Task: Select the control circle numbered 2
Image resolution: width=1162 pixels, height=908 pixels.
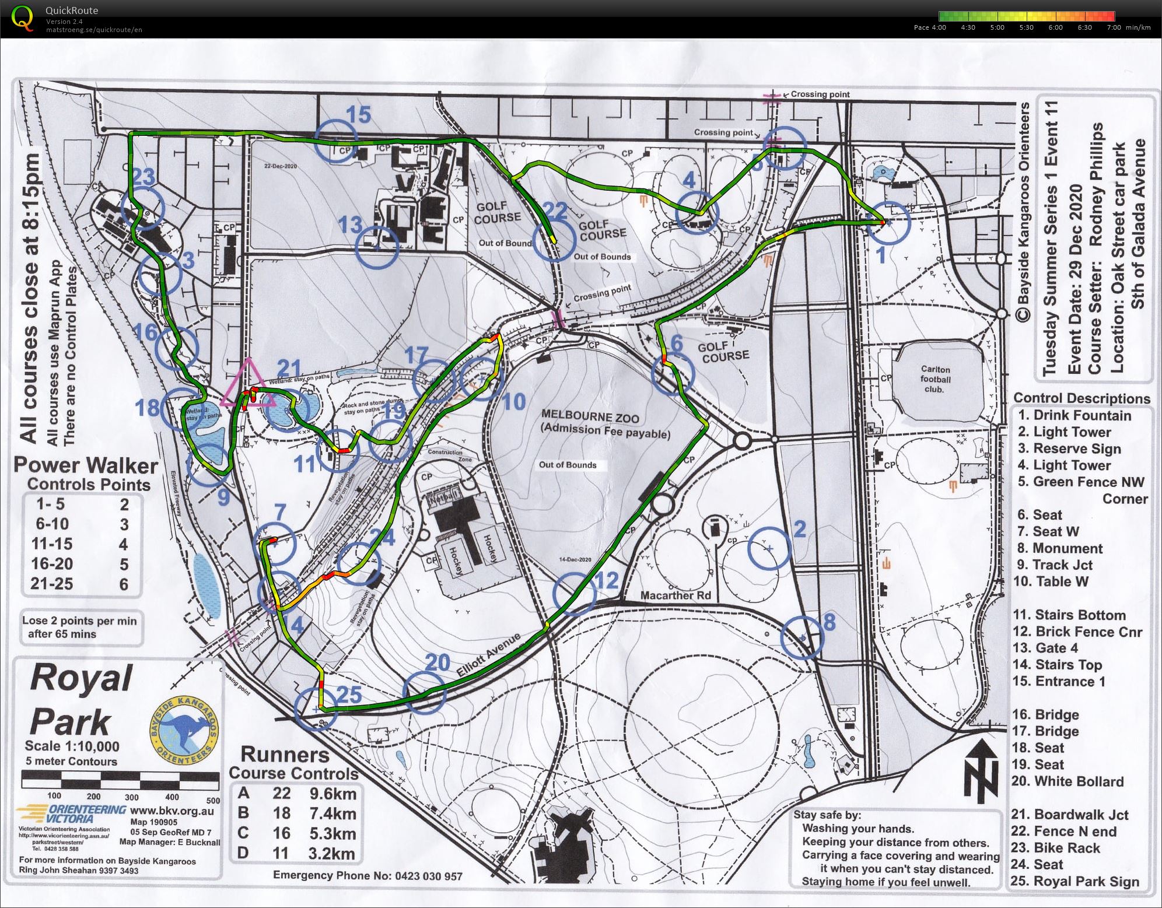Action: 769,548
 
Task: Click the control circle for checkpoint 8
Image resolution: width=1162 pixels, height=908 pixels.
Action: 802,637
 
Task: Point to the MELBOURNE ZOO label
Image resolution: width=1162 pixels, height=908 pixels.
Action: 590,416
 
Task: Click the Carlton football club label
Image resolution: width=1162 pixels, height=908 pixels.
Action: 935,379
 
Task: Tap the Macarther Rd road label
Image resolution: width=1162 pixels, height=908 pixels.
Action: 675,595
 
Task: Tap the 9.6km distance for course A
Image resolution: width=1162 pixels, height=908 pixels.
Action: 332,794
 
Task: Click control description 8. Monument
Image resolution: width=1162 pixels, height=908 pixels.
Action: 1059,548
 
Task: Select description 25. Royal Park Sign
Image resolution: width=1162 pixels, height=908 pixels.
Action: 1074,881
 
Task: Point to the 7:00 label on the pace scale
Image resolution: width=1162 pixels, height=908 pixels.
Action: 1113,27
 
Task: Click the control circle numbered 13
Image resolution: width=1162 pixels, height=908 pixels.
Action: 377,247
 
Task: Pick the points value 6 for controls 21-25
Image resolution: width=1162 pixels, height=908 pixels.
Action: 124,584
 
